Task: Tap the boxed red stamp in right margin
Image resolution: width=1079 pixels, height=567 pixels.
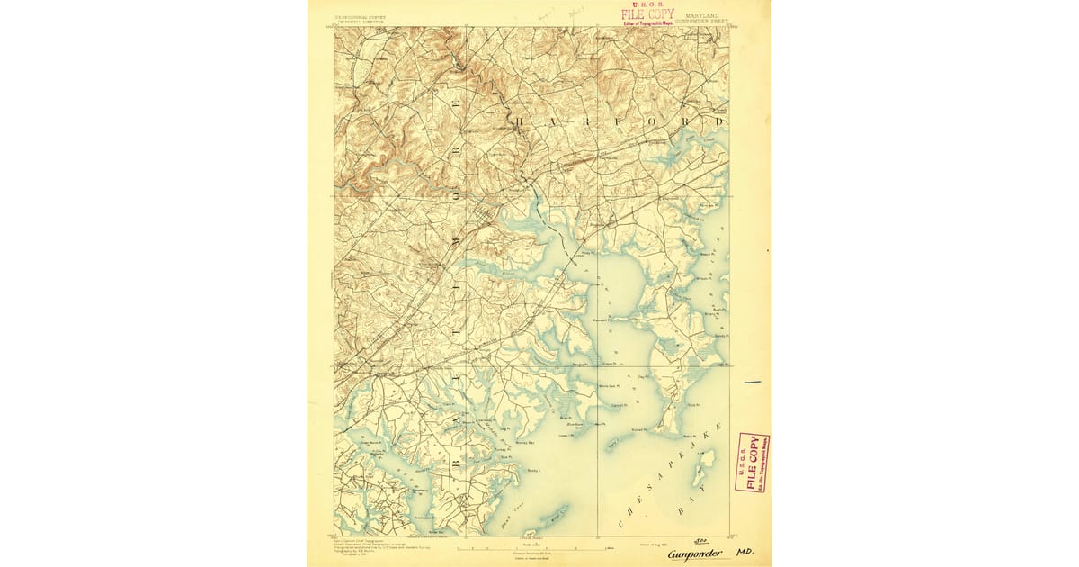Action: [752, 463]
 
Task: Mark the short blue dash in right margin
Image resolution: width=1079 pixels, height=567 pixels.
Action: [752, 382]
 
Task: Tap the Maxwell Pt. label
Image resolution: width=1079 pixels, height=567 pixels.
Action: [600, 319]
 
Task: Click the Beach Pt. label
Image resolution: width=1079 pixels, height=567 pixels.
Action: [706, 254]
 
